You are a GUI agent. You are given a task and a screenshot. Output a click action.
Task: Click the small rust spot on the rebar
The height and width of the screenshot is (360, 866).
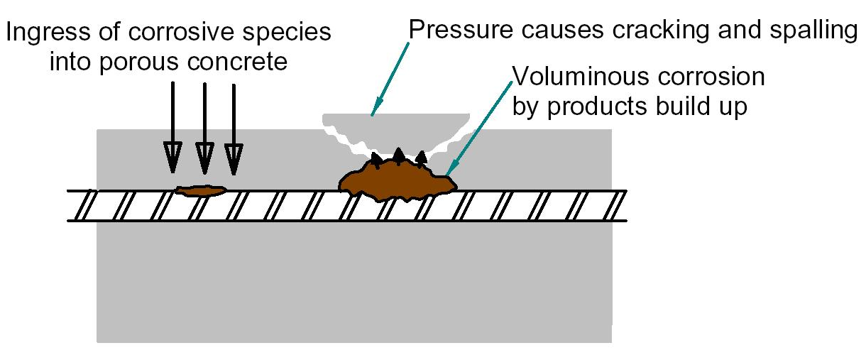point(201,190)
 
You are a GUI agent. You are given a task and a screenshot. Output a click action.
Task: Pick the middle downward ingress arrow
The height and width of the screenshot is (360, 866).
point(204,128)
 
